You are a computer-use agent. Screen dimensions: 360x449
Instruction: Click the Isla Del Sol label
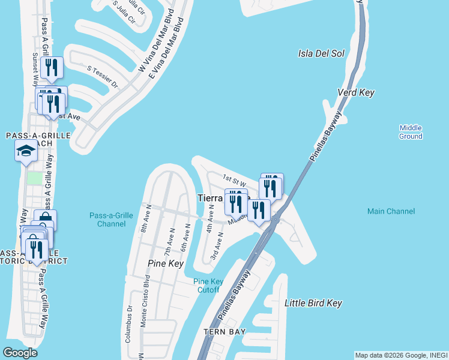[x=321, y=53]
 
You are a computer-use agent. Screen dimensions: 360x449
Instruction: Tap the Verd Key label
[x=356, y=92]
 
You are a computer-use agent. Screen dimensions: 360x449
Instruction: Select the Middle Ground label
[x=411, y=132]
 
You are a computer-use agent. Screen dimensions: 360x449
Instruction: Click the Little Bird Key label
[x=313, y=303]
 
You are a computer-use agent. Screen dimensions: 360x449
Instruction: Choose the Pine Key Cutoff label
[x=208, y=286]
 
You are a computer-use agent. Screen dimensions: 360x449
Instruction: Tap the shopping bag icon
[x=45, y=220]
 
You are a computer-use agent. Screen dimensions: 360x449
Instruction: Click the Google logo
[x=20, y=352]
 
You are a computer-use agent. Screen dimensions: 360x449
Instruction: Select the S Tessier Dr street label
[x=103, y=77]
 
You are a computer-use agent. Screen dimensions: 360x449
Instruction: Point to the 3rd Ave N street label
[x=217, y=247]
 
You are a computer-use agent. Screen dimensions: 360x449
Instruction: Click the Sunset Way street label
[x=35, y=68]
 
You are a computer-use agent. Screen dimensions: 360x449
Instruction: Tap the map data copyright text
[x=401, y=355]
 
